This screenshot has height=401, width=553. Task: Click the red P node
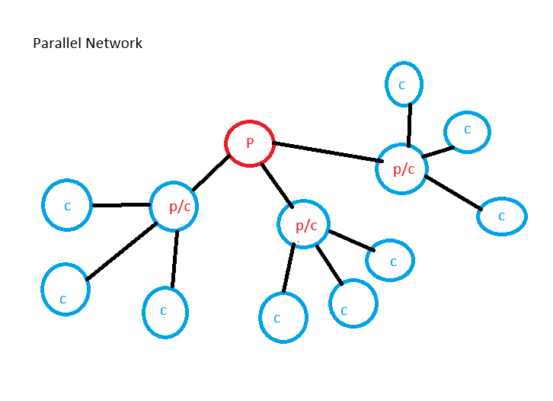(x=249, y=143)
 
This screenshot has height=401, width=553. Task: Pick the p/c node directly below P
(x=304, y=224)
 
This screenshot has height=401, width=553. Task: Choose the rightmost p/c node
(x=402, y=168)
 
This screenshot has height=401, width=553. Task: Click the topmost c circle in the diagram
(x=403, y=85)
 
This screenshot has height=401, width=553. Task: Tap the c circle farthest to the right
(x=502, y=217)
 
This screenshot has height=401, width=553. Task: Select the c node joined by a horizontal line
(x=67, y=206)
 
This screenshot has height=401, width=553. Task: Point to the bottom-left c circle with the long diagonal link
(x=64, y=290)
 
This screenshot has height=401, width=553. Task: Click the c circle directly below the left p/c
(x=165, y=312)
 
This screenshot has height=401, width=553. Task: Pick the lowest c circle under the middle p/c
(x=283, y=318)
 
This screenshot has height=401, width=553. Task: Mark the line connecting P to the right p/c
(x=328, y=151)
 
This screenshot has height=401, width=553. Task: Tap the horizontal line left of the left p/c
(x=120, y=205)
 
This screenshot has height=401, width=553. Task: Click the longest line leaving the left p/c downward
(x=122, y=251)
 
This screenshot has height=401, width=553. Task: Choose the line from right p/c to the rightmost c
(x=453, y=192)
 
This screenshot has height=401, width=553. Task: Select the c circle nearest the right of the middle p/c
(x=390, y=261)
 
